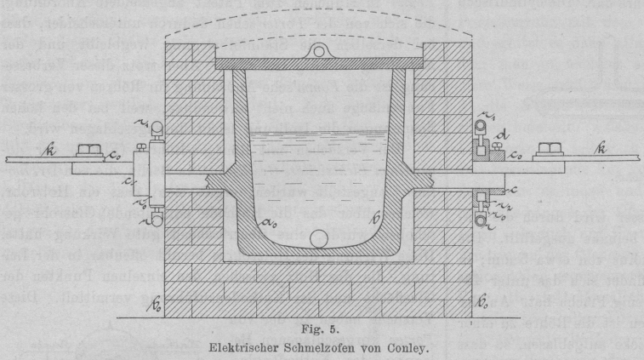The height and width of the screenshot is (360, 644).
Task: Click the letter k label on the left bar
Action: click(53, 150)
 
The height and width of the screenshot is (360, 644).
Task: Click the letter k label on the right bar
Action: click(602, 150)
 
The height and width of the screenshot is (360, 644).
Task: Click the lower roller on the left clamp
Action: click(157, 220)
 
